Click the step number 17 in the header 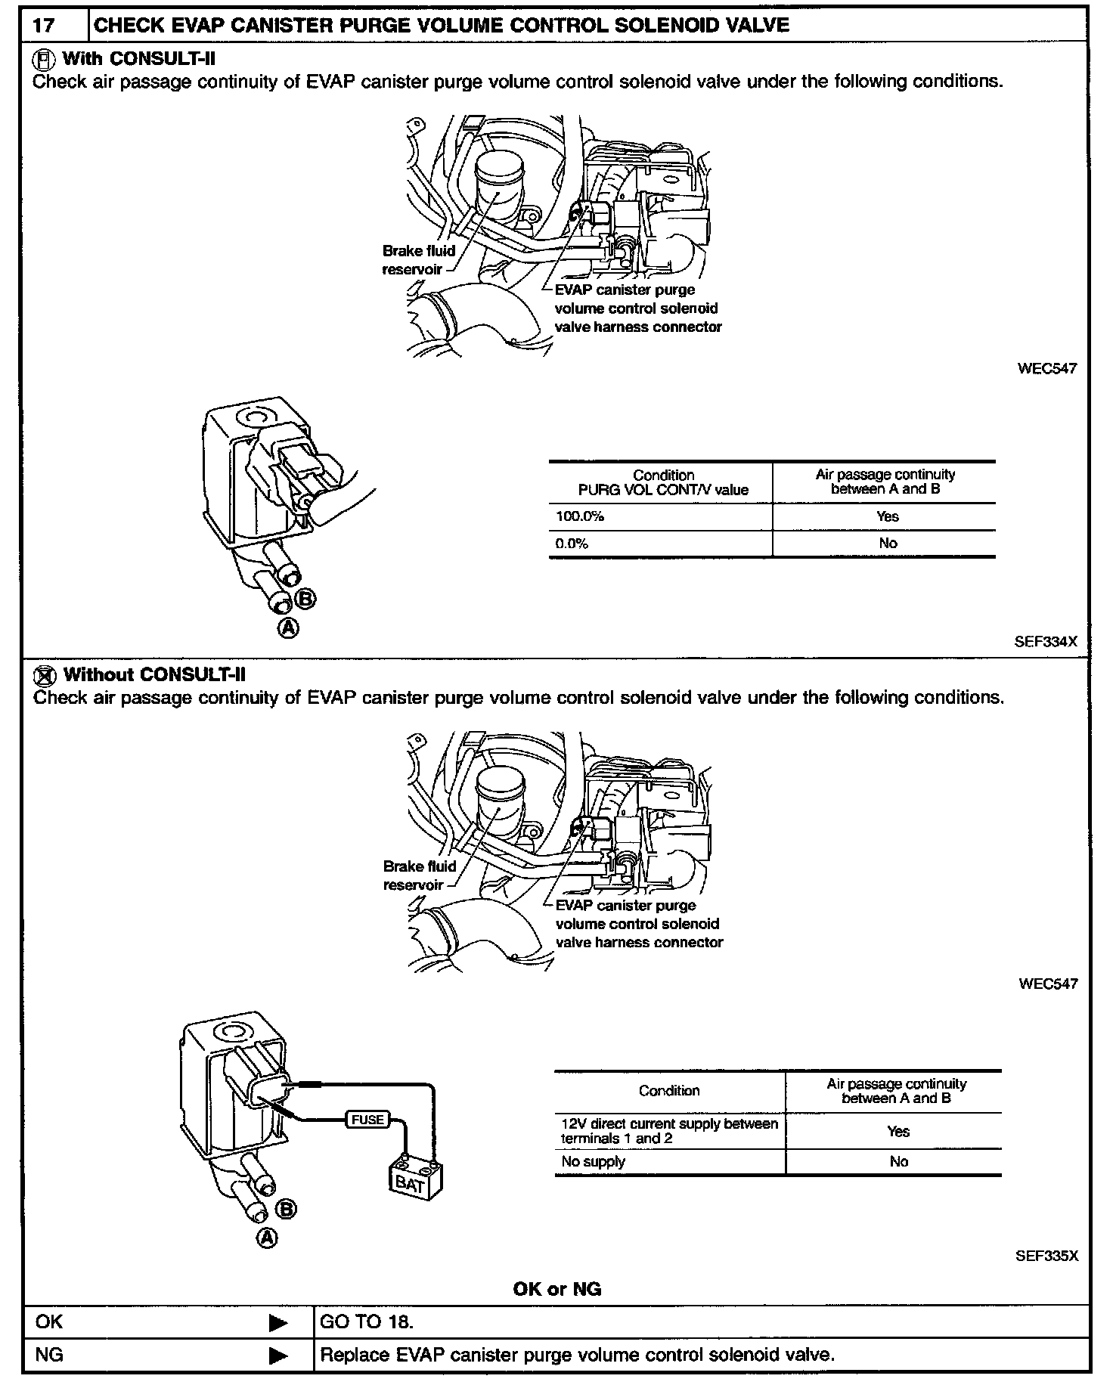(x=45, y=26)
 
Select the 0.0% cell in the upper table (x=572, y=544)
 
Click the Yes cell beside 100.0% (x=888, y=517)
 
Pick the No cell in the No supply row (x=898, y=1162)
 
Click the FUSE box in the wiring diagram (x=367, y=1120)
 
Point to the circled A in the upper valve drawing (x=288, y=627)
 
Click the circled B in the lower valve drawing (x=286, y=1210)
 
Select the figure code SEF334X (x=1046, y=642)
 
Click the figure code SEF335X (x=1046, y=1256)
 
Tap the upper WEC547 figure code (x=1046, y=369)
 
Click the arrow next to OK (x=278, y=1323)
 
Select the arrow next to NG (x=278, y=1356)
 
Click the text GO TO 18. (x=367, y=1322)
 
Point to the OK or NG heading (x=556, y=1289)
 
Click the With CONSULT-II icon (x=45, y=58)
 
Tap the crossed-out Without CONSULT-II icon (x=46, y=674)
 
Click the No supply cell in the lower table (x=594, y=1162)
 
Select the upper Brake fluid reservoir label (x=418, y=260)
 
